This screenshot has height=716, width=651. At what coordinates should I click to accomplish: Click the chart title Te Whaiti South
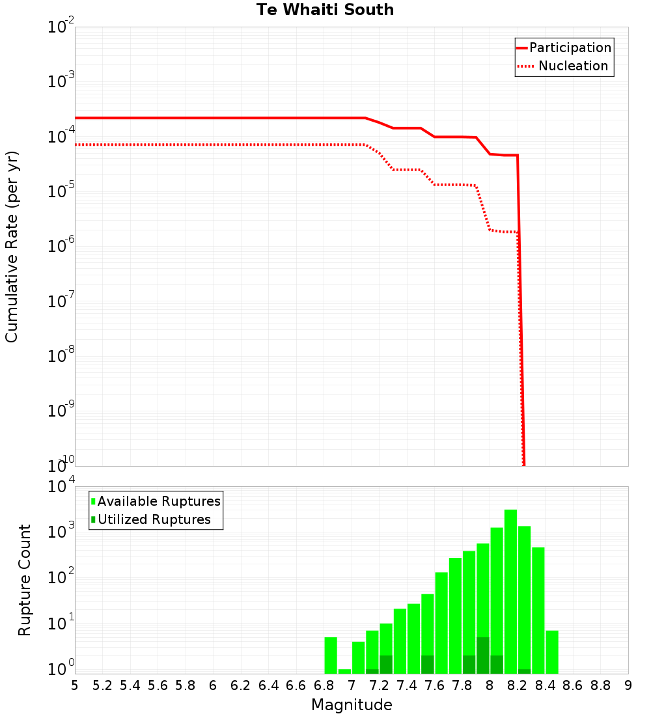point(325,10)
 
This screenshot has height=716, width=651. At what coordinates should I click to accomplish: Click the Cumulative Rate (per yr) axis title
point(12,246)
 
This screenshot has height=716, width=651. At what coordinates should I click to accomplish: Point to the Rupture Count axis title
point(25,580)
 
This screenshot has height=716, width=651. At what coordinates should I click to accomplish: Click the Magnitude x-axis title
point(352,704)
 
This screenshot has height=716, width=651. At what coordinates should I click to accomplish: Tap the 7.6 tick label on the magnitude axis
point(435,685)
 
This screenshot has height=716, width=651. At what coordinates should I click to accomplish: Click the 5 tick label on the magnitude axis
point(75,685)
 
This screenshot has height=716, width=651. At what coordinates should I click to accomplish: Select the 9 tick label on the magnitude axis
point(628,685)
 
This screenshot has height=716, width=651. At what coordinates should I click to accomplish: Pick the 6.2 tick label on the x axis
point(241,685)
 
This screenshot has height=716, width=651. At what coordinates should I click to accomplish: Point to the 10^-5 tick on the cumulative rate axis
point(61,191)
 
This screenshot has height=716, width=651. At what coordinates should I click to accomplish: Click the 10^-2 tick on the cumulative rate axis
point(61,27)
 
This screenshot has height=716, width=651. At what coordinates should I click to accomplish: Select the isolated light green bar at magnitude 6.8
point(331,655)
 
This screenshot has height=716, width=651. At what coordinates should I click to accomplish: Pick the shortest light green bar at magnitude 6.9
point(344,671)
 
